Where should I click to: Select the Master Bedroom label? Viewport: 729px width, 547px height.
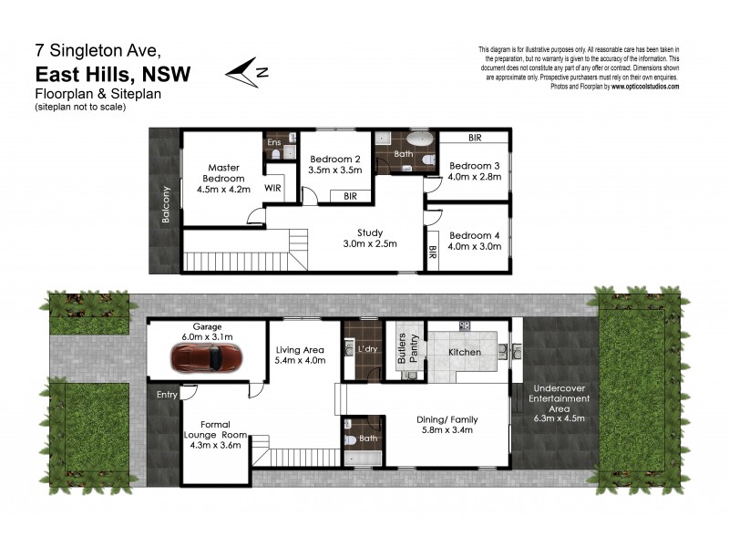pyautogui.click(x=223, y=172)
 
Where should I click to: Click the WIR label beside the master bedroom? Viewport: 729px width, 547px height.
pyautogui.click(x=272, y=188)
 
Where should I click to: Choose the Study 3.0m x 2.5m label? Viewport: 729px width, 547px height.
pyautogui.click(x=369, y=237)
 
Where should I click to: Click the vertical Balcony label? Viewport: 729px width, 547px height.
pyautogui.click(x=165, y=205)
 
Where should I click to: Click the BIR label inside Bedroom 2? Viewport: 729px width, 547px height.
pyautogui.click(x=350, y=196)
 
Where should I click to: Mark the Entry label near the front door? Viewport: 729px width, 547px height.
pyautogui.click(x=168, y=395)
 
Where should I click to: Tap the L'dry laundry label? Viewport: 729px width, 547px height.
pyautogui.click(x=368, y=349)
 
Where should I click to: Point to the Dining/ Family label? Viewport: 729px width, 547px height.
pyautogui.click(x=447, y=419)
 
